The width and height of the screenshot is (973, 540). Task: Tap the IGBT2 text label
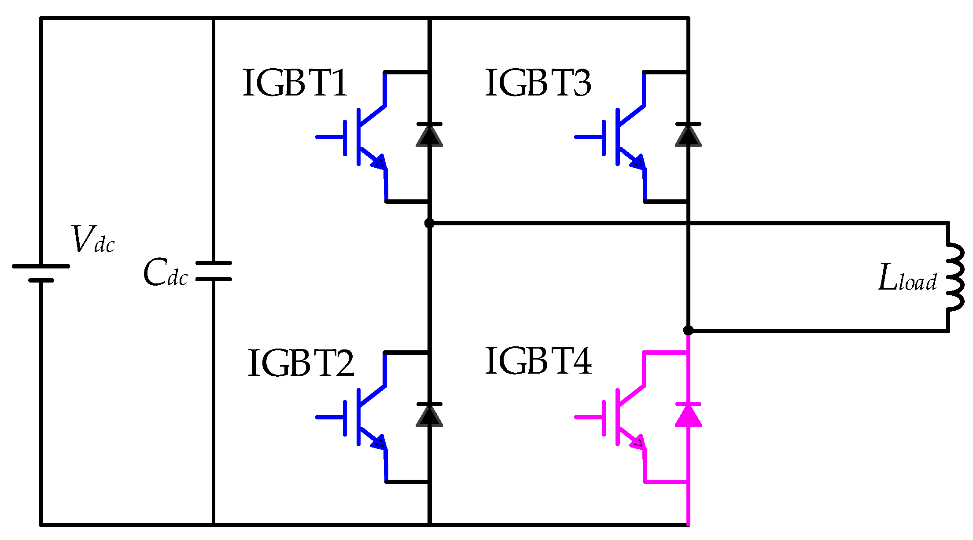301,363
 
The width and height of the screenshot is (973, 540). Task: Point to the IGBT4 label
538,361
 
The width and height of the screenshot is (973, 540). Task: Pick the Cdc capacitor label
166,272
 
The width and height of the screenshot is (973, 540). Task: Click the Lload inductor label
907,278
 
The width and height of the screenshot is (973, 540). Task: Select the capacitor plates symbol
214,271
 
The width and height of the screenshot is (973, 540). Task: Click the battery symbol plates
41,273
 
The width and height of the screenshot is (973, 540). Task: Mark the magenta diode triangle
688,415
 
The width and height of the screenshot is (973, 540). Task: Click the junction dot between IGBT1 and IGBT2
429,223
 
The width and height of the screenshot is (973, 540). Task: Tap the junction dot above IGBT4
688,331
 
